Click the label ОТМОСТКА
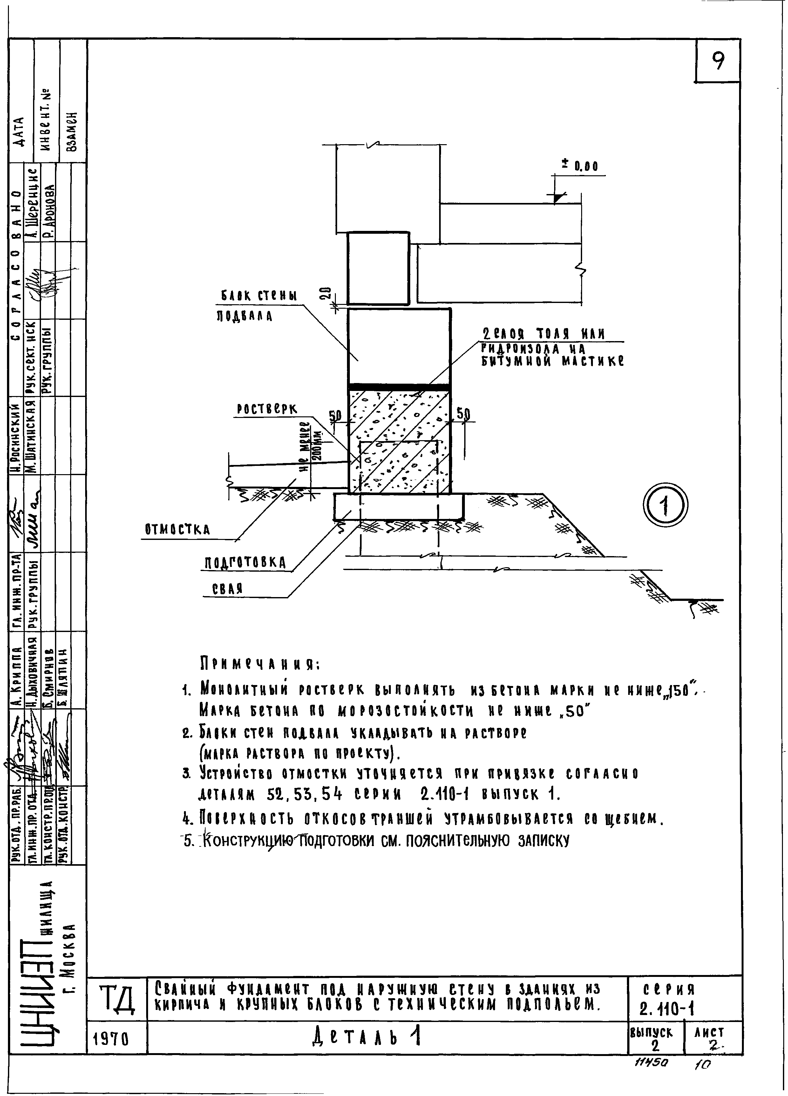pos(177,530)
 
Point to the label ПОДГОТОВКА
pos(245,562)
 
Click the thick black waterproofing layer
pos(399,387)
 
